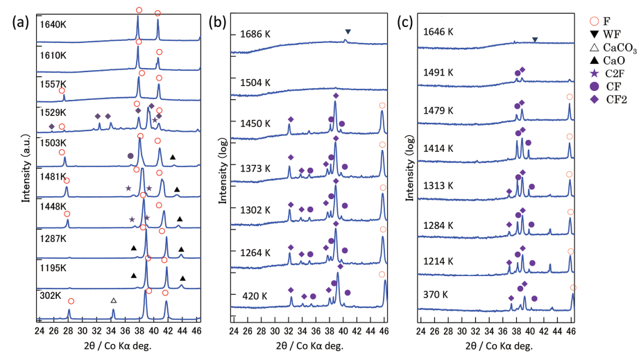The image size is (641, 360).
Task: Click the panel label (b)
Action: pos(217,22)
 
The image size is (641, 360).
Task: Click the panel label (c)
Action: pos(404,22)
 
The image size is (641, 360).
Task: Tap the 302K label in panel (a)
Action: pos(51,296)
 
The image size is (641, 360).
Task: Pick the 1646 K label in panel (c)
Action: pos(438,32)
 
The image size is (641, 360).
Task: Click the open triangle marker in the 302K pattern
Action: pos(114,300)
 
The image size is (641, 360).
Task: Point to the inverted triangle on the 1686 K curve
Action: pos(348,32)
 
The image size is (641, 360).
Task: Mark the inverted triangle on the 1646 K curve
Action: pos(534,40)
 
